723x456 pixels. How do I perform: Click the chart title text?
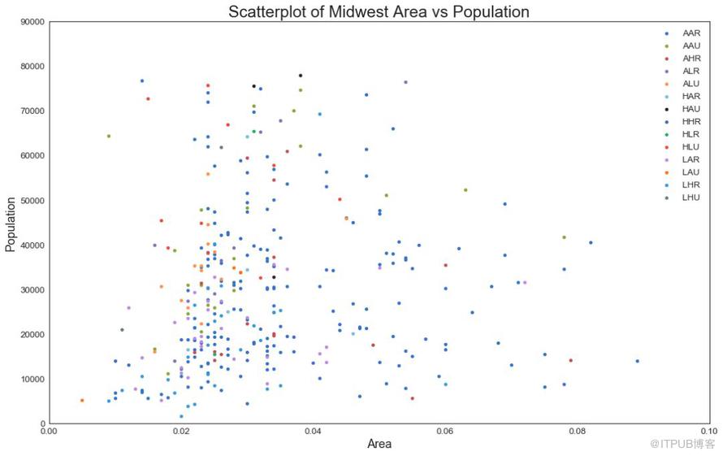[379, 11]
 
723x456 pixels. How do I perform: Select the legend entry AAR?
[691, 33]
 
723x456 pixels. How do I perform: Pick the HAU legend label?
[691, 108]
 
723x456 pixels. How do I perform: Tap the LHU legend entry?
[691, 198]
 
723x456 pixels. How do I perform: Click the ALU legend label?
[691, 83]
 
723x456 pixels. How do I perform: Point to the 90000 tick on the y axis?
[30, 22]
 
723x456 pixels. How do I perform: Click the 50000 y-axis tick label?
[30, 201]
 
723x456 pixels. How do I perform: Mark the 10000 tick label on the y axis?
[30, 380]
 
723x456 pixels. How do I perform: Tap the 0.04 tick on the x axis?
[313, 432]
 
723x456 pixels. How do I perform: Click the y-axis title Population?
[11, 223]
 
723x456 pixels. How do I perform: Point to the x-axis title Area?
[379, 444]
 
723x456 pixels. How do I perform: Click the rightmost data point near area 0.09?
[637, 361]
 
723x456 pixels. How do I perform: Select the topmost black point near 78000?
[300, 76]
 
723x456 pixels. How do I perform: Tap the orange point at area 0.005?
[82, 401]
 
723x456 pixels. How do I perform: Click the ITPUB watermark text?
[682, 444]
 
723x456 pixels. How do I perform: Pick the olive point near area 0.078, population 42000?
[564, 237]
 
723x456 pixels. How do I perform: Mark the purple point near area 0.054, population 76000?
[405, 82]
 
